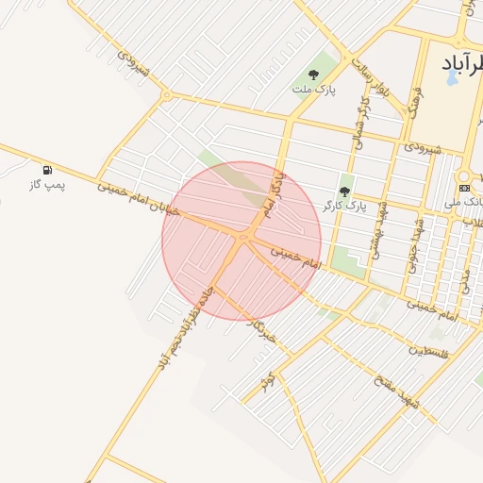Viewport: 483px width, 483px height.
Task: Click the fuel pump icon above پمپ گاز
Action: [x=47, y=170]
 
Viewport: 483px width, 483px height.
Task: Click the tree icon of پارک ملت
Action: [x=313, y=75]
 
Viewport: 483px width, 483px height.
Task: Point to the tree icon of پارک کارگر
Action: [x=343, y=192]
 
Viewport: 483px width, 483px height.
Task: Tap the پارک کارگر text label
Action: [x=343, y=205]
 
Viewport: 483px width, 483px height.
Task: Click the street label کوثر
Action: [x=268, y=381]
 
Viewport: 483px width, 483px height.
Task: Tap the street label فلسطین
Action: [x=429, y=350]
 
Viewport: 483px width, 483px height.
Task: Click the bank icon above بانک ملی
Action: [x=464, y=188]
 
